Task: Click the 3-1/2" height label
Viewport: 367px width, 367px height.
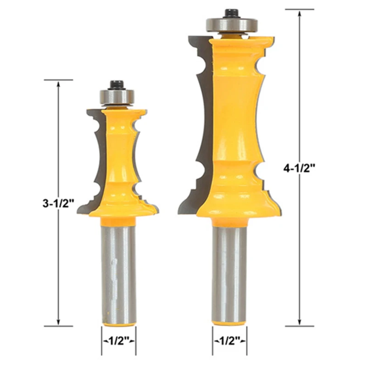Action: pyautogui.click(x=58, y=203)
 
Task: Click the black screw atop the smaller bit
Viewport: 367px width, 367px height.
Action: pyautogui.click(x=117, y=85)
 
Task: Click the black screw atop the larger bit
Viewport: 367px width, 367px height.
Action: pyautogui.click(x=232, y=13)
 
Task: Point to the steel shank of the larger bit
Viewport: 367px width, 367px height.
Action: pyautogui.click(x=229, y=274)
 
